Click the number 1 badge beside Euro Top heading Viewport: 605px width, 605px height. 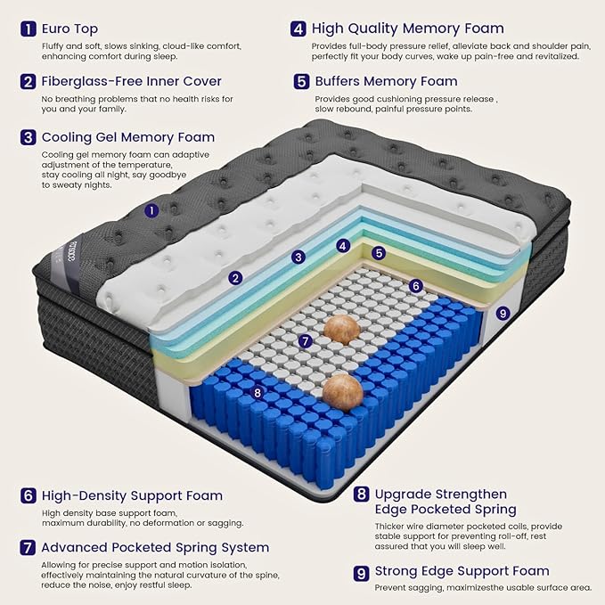(x=28, y=29)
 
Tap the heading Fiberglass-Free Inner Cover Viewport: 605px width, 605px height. (x=119, y=82)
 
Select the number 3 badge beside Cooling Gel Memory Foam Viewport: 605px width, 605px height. (x=28, y=137)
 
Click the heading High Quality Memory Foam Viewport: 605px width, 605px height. (x=408, y=29)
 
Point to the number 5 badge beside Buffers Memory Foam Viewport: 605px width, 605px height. (x=301, y=82)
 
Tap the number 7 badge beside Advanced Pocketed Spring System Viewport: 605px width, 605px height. (x=28, y=547)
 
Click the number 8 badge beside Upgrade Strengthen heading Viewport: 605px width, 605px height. (x=361, y=494)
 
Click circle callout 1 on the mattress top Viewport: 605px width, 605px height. (x=152, y=211)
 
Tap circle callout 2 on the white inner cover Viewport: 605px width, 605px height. (x=235, y=278)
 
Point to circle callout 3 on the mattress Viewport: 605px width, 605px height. (x=298, y=257)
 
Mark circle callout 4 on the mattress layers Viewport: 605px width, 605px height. (x=343, y=245)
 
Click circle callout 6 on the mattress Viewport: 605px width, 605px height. (x=415, y=286)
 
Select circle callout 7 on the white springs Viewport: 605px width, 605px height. (x=305, y=340)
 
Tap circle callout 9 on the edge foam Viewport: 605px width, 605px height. (x=503, y=313)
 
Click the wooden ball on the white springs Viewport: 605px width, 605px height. (x=341, y=328)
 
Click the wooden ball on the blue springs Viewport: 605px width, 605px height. (x=343, y=390)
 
